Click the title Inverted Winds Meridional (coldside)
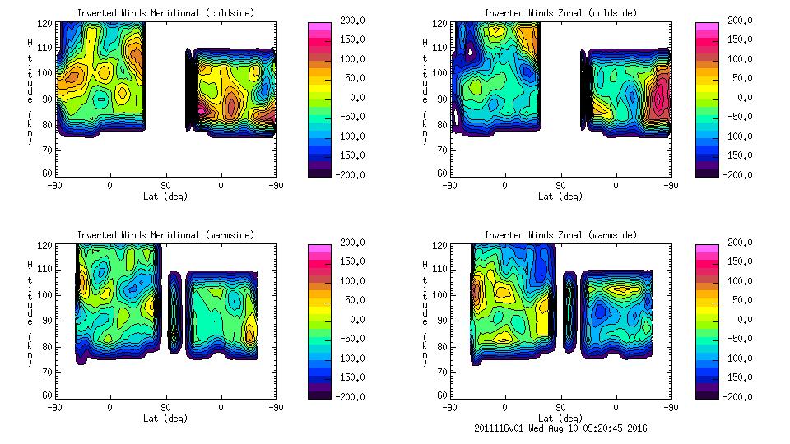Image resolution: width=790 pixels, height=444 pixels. point(165,13)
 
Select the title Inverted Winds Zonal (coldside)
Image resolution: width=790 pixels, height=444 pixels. point(560,13)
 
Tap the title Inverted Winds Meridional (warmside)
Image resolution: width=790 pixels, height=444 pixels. point(165,235)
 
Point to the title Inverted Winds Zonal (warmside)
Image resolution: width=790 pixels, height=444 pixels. point(560,235)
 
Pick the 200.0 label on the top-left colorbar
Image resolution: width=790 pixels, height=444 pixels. point(348,20)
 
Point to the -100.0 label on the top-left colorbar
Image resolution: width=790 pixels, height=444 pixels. point(346,136)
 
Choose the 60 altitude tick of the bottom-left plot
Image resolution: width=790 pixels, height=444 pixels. point(49,395)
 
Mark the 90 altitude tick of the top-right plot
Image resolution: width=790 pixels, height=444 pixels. point(444,99)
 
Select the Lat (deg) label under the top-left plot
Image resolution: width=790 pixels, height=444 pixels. point(165,197)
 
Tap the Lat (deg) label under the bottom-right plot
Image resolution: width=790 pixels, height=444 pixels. point(560,418)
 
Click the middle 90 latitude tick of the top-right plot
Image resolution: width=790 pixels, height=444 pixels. point(560,186)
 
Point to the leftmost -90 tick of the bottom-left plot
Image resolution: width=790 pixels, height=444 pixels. point(54,407)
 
